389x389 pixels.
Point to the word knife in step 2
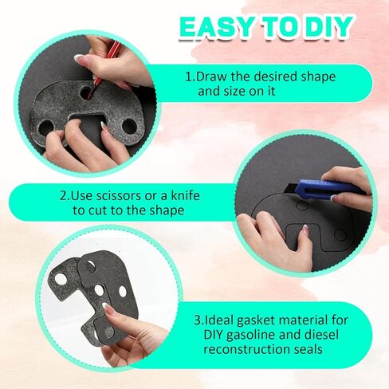(185, 195)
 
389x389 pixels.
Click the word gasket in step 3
(255, 320)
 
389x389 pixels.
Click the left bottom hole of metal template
(45, 128)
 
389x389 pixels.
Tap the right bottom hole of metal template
(129, 125)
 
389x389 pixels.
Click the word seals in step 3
(308, 349)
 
